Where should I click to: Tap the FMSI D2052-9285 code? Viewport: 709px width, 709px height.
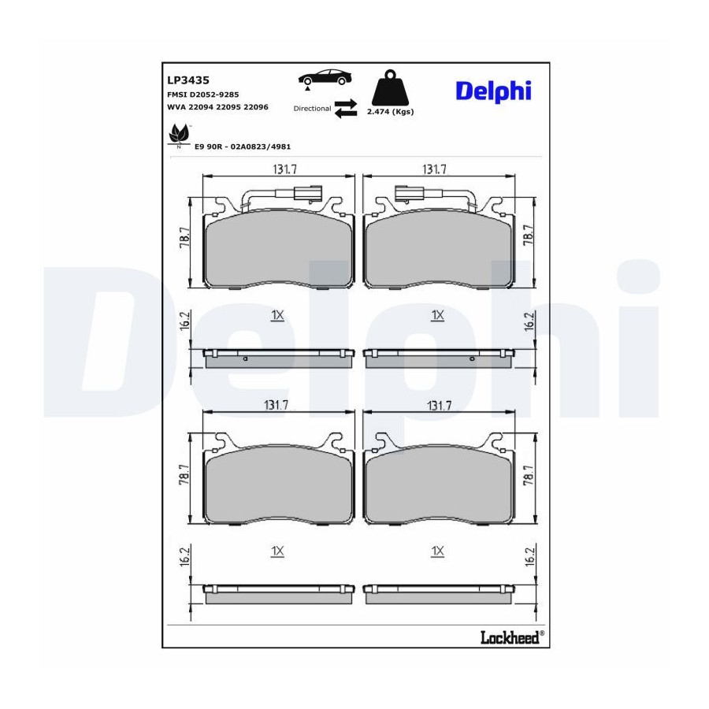click(203, 95)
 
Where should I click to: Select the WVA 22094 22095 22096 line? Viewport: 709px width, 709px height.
click(217, 107)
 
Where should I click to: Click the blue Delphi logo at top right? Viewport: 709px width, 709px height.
click(493, 92)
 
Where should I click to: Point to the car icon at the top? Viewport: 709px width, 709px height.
click(325, 78)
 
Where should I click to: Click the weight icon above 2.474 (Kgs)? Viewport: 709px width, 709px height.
click(390, 87)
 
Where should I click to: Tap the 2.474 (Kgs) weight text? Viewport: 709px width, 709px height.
click(390, 112)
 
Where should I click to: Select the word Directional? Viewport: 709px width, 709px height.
click(313, 109)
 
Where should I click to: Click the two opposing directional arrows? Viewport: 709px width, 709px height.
click(346, 109)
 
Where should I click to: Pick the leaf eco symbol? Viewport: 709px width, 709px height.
click(178, 134)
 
